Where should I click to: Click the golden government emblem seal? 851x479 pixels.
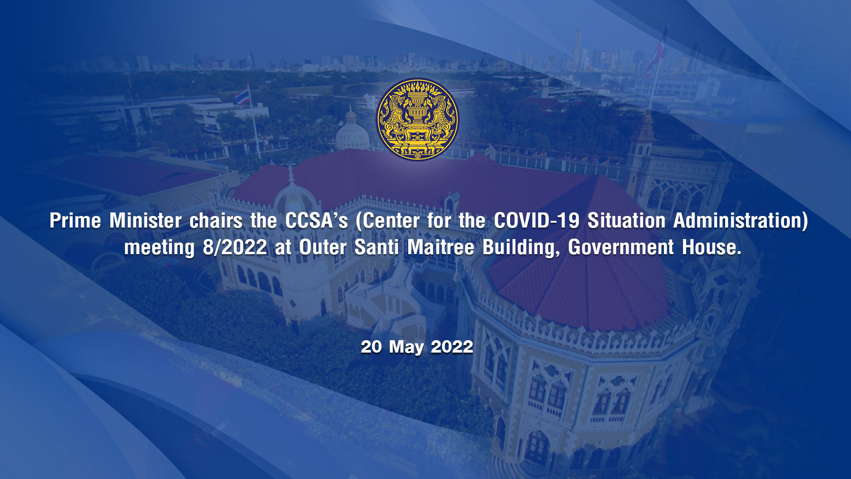(x=417, y=119)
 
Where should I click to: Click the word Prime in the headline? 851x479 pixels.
(x=75, y=220)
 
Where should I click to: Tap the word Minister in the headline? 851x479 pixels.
(x=145, y=220)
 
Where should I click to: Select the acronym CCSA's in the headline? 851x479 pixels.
(x=316, y=220)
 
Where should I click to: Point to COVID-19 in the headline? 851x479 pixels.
(x=537, y=220)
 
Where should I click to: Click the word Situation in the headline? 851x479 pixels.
(x=626, y=220)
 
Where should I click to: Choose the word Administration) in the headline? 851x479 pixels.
(x=741, y=221)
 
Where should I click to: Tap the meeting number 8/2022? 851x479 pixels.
(x=235, y=247)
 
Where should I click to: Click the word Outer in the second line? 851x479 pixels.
(x=323, y=247)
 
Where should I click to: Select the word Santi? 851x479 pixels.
(x=377, y=247)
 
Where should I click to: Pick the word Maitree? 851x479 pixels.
(x=441, y=247)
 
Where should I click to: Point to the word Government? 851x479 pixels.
(x=621, y=247)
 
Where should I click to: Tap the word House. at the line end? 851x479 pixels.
(x=711, y=247)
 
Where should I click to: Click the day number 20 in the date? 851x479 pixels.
(x=371, y=347)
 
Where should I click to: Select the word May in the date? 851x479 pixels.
(x=406, y=348)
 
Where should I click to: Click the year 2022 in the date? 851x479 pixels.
(x=452, y=347)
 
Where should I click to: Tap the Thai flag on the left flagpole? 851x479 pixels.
(x=242, y=96)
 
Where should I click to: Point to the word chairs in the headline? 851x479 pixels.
(x=216, y=220)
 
